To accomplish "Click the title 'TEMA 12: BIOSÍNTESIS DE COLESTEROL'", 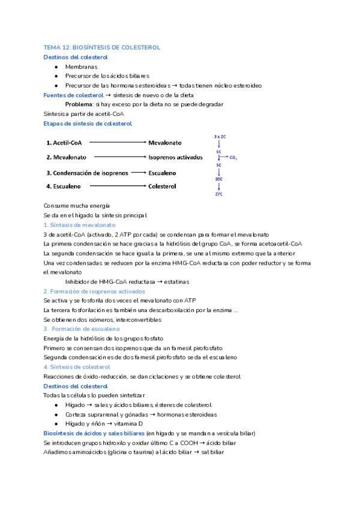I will (101, 47).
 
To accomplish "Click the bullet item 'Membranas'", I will (81, 67).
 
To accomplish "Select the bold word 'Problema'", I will (79, 104).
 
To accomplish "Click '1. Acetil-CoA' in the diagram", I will (64, 143).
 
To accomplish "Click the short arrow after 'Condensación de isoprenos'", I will (138, 172).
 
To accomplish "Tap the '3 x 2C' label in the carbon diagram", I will (220, 137).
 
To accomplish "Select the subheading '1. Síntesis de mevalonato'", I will (80, 224).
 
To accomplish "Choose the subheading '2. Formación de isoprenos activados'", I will (94, 291).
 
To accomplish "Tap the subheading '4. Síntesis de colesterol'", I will (77, 367).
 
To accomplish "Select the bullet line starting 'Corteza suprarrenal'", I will (140, 414).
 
